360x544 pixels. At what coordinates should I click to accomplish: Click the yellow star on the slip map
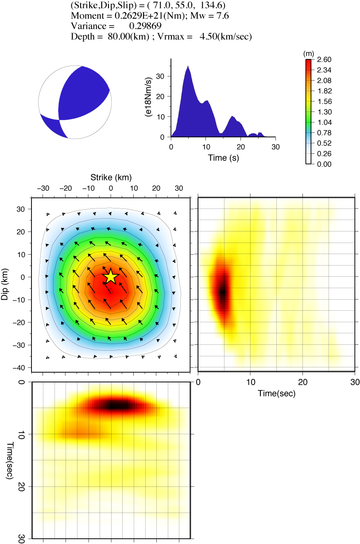(x=111, y=277)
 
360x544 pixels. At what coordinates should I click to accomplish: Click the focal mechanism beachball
(x=74, y=102)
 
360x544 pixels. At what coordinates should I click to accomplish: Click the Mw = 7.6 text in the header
(x=212, y=16)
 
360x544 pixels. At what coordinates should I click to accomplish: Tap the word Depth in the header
(x=82, y=37)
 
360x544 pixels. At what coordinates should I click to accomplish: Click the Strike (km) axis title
(x=111, y=177)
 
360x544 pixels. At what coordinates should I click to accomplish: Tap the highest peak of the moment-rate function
(x=188, y=66)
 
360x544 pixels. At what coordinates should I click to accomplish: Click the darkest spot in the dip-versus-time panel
(x=223, y=292)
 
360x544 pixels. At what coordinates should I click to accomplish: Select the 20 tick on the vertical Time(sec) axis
(x=22, y=486)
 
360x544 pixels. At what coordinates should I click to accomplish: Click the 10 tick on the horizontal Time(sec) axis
(x=251, y=382)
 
